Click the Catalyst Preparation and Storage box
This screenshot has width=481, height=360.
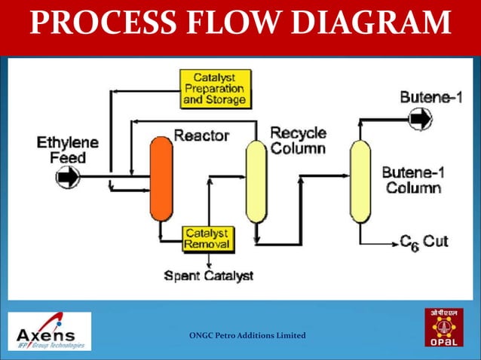pyautogui.click(x=213, y=88)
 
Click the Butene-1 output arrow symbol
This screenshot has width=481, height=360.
pyautogui.click(x=420, y=118)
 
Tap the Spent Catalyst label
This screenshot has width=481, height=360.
pyautogui.click(x=209, y=276)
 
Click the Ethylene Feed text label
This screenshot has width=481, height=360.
pyautogui.click(x=68, y=150)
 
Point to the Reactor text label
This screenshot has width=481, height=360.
pyautogui.click(x=201, y=136)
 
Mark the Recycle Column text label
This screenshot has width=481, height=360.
pyautogui.click(x=298, y=141)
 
